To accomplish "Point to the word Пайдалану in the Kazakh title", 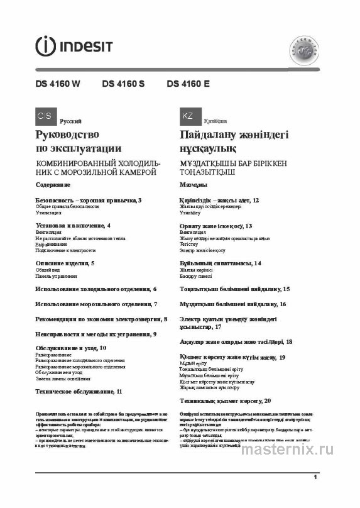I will pos(208,135).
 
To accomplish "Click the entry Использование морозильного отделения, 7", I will pos(96,304).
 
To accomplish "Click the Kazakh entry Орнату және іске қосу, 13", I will pos(215,225).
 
